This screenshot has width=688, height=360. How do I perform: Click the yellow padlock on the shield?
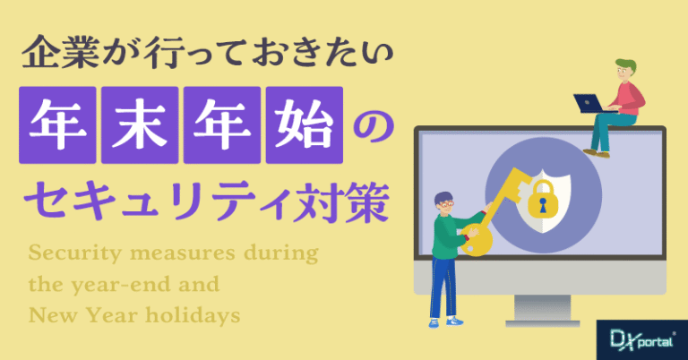[542, 199]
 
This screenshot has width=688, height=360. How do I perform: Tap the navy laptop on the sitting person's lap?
[591, 104]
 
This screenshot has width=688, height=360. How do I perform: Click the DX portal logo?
[642, 339]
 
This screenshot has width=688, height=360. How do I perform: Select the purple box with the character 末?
[140, 125]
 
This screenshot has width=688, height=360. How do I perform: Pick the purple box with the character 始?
[304, 125]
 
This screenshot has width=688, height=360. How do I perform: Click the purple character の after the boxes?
[374, 127]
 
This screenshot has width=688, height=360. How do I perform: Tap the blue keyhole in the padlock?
[543, 205]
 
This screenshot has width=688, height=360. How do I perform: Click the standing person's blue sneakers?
[446, 321]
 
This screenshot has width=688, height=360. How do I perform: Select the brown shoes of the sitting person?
[597, 153]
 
